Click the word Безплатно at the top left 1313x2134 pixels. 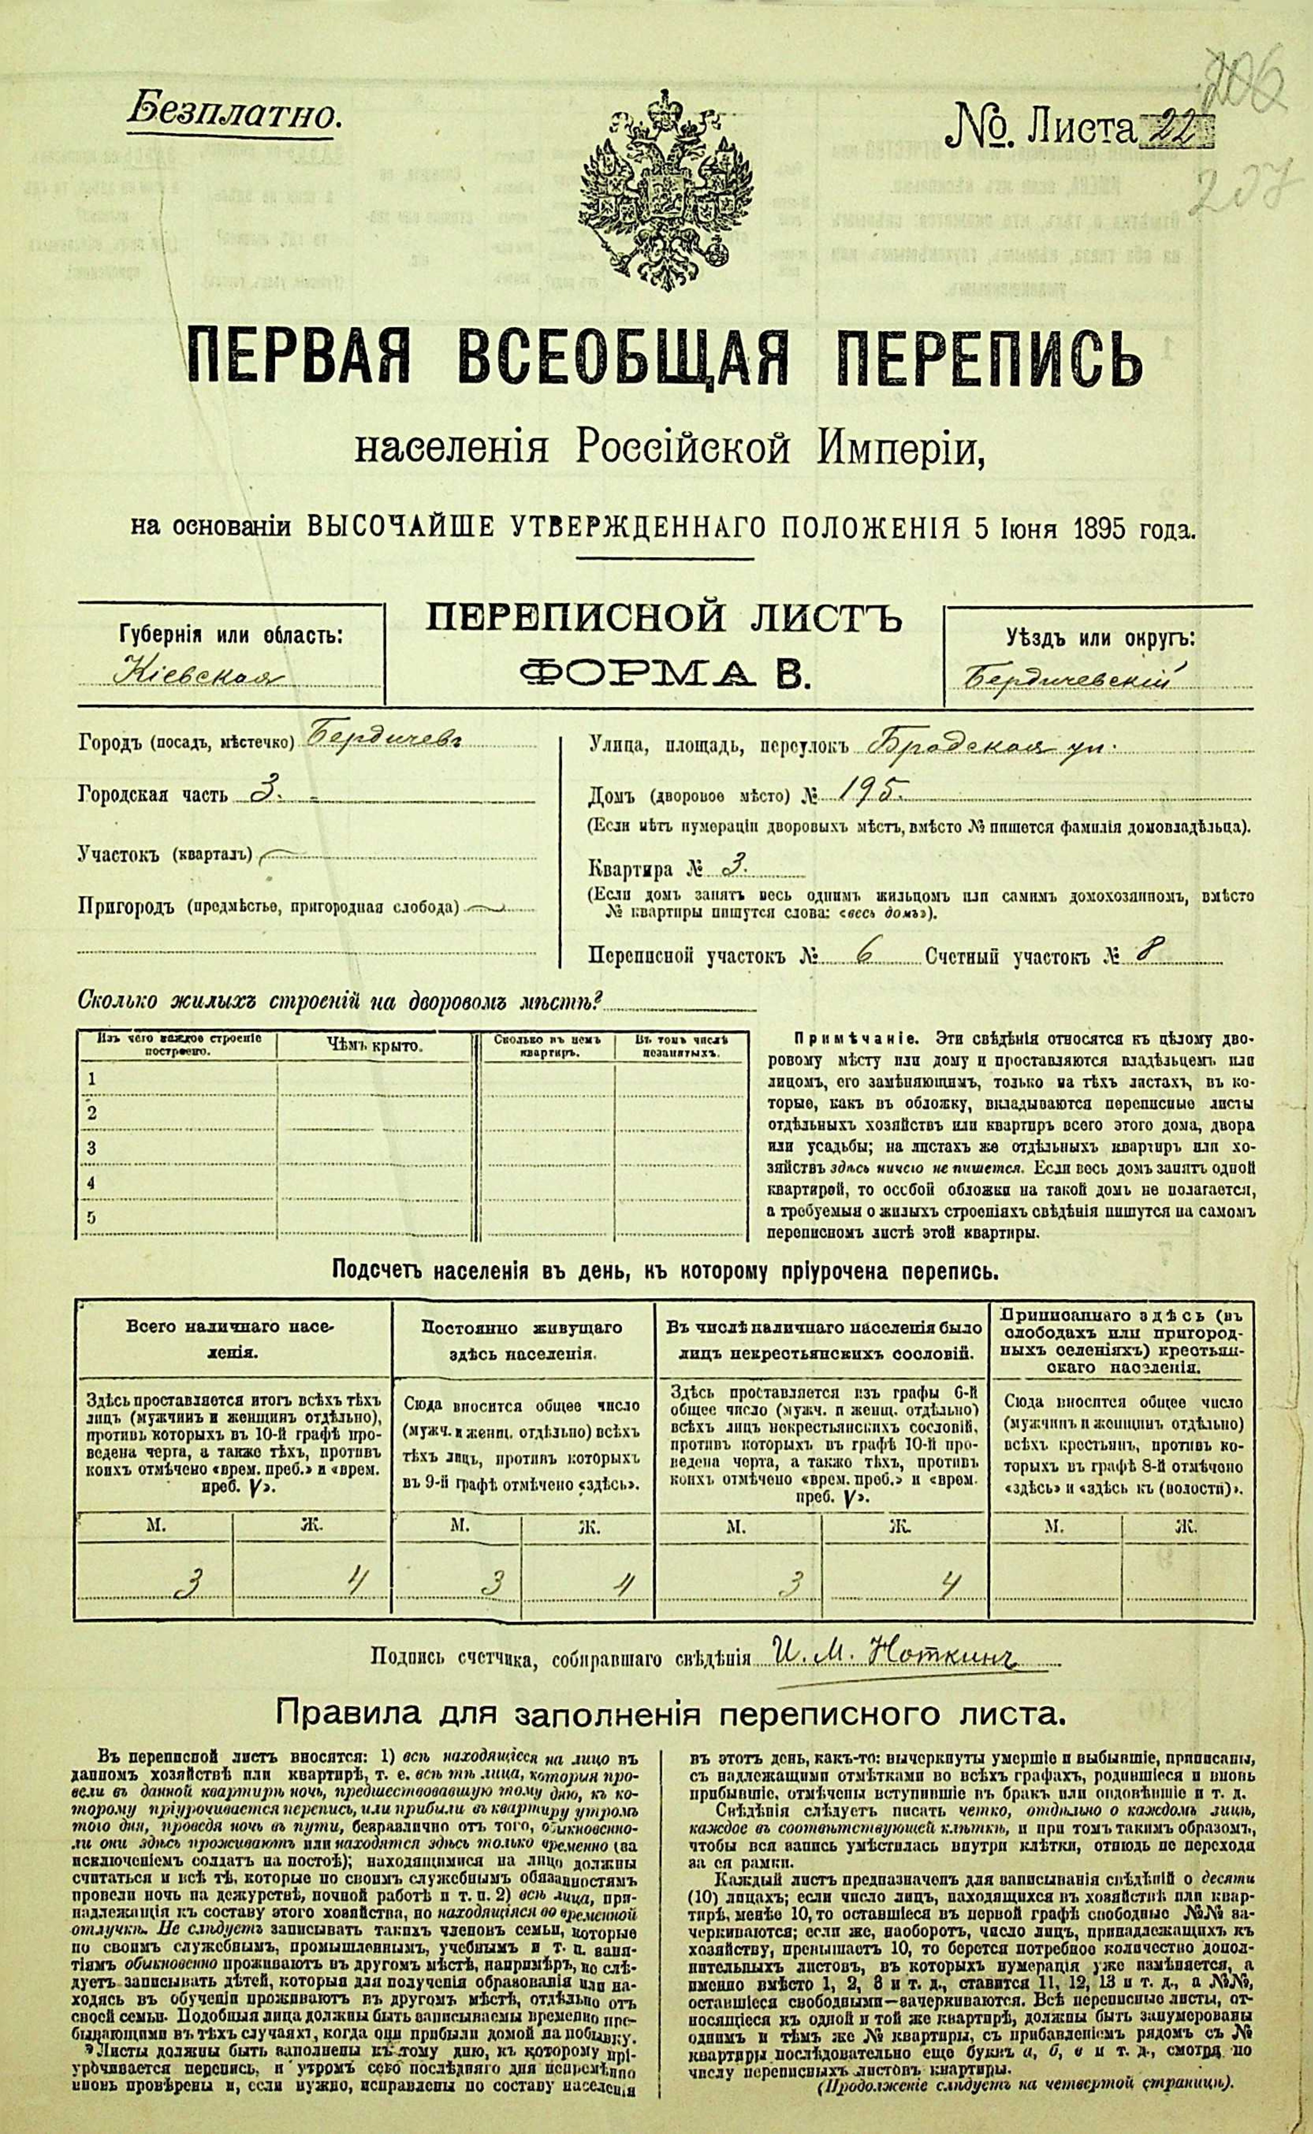click(232, 113)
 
